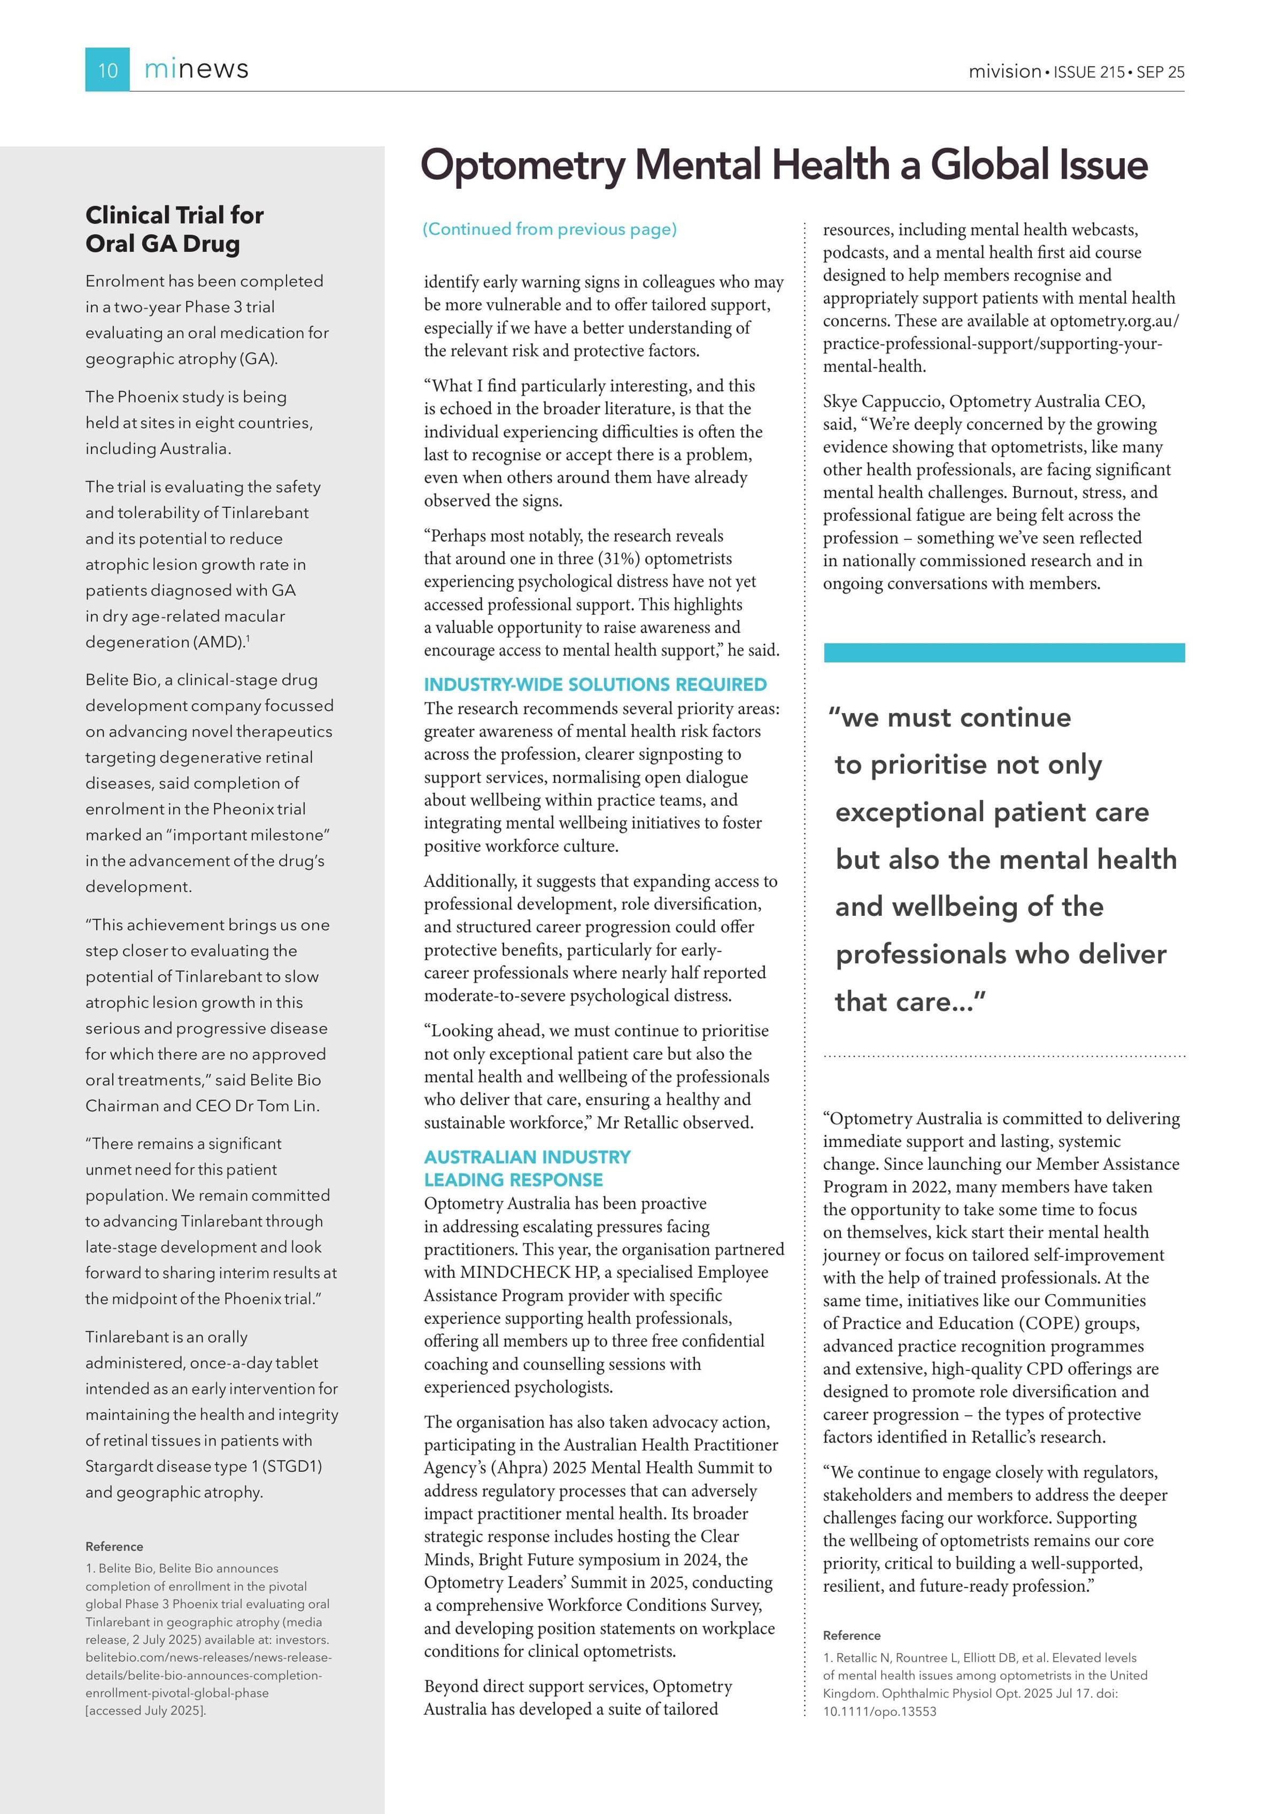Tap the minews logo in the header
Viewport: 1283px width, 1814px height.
point(196,70)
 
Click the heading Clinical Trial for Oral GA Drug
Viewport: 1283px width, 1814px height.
point(175,229)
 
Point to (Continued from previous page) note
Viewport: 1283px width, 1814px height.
point(550,229)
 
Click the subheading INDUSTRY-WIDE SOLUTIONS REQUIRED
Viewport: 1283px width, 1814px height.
point(595,684)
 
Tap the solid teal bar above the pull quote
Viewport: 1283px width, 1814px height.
point(1003,653)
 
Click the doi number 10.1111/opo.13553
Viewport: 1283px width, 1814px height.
point(879,1711)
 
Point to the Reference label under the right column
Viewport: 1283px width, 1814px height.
point(852,1635)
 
